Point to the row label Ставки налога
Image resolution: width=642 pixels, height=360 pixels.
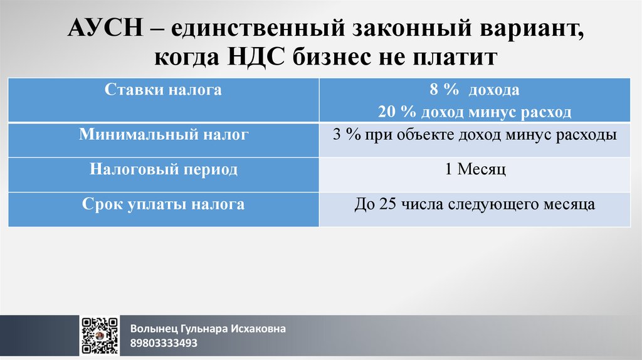(x=163, y=90)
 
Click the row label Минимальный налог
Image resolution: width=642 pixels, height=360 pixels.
(x=163, y=134)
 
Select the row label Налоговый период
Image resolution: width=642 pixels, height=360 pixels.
(x=163, y=169)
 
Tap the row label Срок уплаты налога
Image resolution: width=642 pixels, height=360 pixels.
(x=163, y=204)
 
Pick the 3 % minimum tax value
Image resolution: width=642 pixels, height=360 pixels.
(x=344, y=134)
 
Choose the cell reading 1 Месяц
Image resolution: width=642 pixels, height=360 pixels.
(x=475, y=170)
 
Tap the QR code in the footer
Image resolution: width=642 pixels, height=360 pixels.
(x=100, y=336)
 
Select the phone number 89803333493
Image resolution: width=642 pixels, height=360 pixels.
(x=164, y=343)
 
